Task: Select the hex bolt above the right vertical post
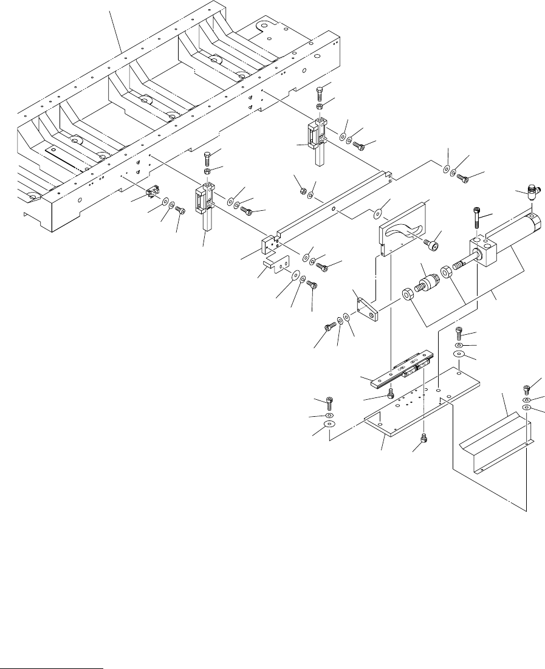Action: [x=319, y=94]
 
